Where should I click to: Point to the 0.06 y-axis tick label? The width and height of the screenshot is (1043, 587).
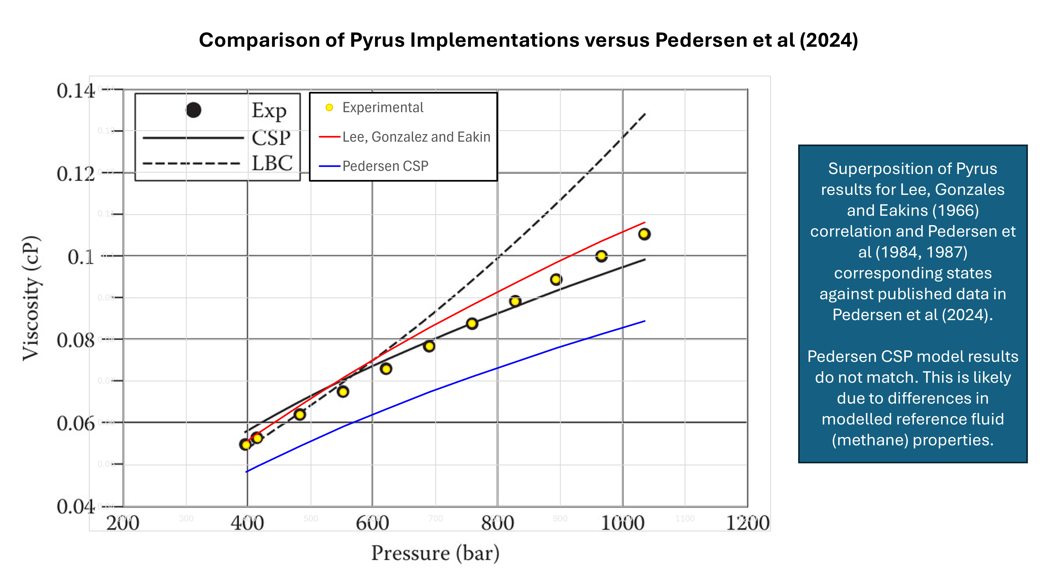tap(76, 424)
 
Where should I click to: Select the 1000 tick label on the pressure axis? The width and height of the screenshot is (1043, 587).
tap(622, 523)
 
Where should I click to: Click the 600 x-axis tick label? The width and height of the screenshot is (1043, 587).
tap(372, 523)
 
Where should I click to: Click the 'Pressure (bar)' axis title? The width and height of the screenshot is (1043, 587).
tap(435, 553)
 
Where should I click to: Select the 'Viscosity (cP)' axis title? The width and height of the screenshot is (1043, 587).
tap(31, 298)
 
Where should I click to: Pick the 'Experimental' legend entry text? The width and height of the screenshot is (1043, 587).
tap(383, 108)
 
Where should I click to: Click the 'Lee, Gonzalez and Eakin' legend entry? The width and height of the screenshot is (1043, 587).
tap(416, 137)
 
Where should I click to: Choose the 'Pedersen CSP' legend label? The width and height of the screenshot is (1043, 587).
tap(385, 166)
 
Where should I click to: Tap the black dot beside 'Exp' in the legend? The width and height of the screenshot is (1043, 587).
tap(193, 110)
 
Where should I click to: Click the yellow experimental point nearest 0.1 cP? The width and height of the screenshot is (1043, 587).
tap(601, 256)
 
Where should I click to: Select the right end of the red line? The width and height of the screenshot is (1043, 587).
tap(645, 222)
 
